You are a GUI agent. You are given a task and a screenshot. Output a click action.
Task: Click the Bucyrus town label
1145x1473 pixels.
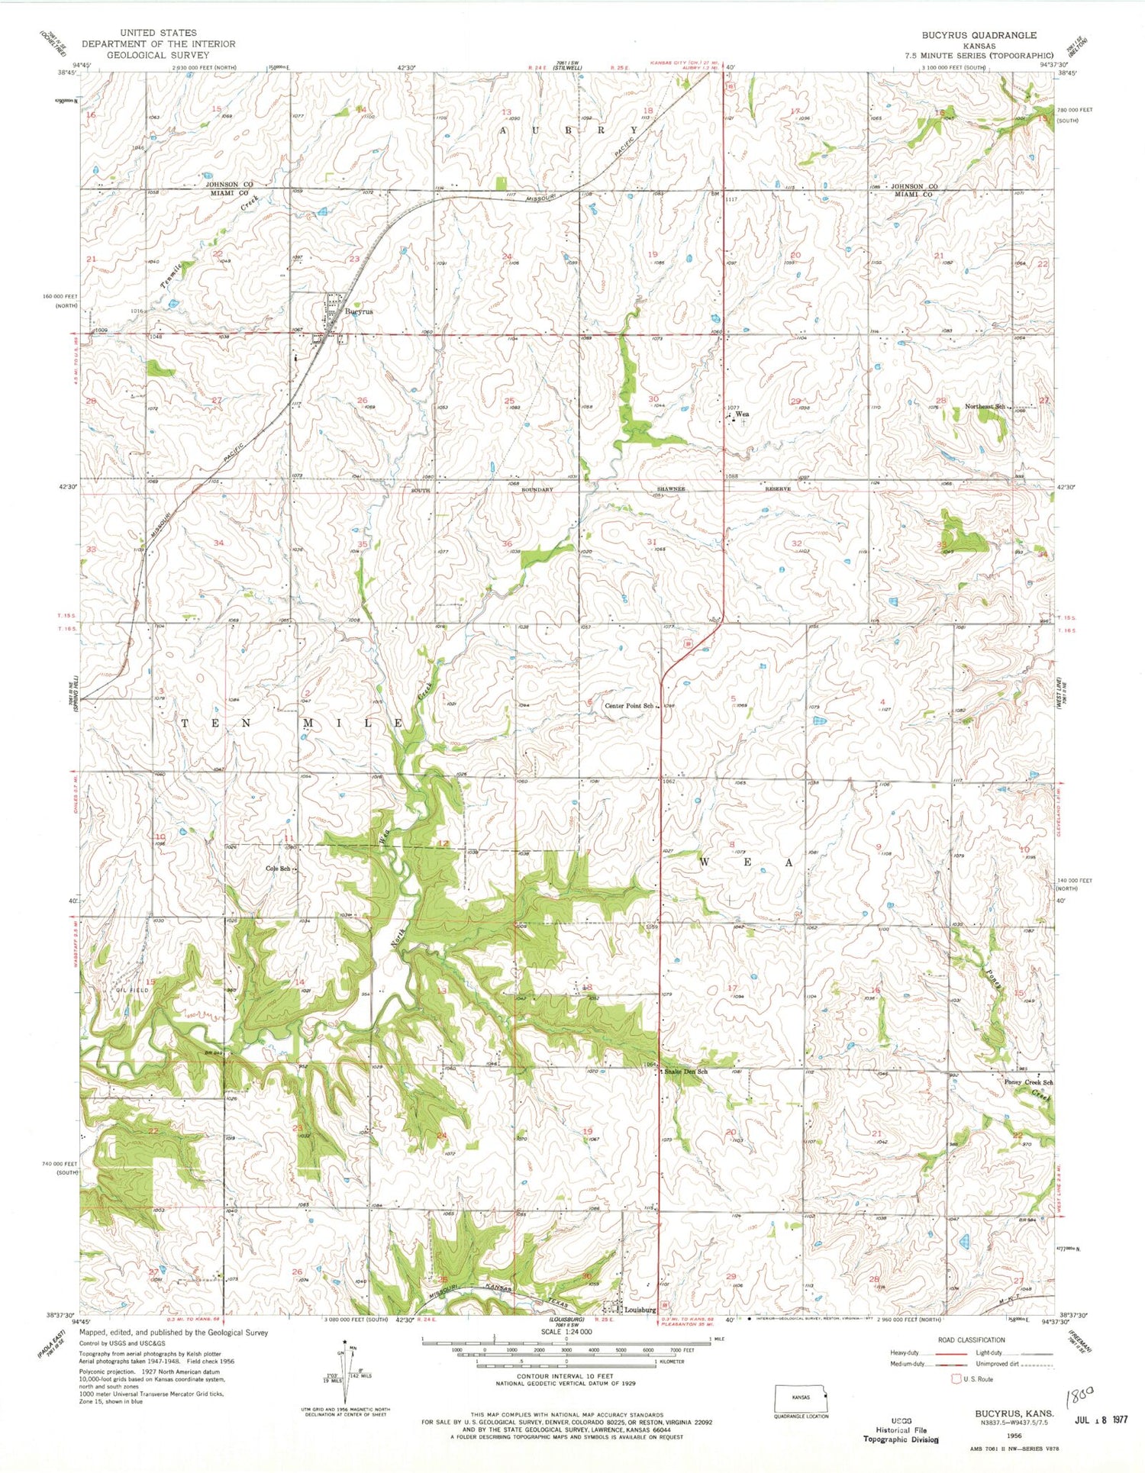click(358, 311)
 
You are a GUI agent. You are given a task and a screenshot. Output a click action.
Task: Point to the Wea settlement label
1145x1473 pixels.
click(741, 414)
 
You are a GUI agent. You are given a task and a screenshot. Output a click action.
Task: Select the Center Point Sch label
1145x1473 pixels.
click(629, 706)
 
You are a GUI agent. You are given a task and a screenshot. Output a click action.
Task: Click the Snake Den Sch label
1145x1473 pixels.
click(685, 1072)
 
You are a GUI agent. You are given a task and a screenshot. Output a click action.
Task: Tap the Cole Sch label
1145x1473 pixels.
click(277, 869)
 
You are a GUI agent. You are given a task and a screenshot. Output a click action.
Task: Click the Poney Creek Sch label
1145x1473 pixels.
click(1028, 1082)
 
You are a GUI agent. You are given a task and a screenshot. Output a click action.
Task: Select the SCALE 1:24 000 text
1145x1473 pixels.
click(566, 1332)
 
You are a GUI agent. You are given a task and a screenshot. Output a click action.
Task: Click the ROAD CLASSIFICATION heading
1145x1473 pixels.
click(971, 1340)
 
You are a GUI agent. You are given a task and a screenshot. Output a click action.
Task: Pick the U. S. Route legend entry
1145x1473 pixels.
click(974, 1379)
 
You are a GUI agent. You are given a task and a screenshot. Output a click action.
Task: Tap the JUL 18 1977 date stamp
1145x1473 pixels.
click(1100, 1420)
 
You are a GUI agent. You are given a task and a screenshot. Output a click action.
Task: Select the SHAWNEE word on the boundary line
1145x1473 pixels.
click(671, 488)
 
